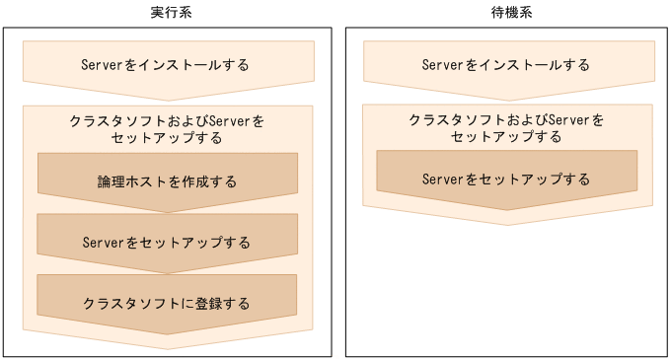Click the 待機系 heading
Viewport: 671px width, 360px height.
pyautogui.click(x=505, y=11)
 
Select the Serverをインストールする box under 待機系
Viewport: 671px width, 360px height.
pyautogui.click(x=506, y=65)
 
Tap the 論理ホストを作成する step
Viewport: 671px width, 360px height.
pyautogui.click(x=167, y=181)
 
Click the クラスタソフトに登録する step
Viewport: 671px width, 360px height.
pyautogui.click(x=167, y=302)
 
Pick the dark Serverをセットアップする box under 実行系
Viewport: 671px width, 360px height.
pyautogui.click(x=167, y=242)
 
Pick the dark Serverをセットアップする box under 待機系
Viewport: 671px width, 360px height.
pyautogui.click(x=506, y=179)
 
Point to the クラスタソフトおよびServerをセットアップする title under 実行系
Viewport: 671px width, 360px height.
pyautogui.click(x=167, y=129)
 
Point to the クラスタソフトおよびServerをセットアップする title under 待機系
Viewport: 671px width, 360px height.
pyautogui.click(x=506, y=128)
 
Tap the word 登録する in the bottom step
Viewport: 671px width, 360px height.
pyautogui.click(x=225, y=302)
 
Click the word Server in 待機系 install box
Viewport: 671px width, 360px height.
pyautogui.click(x=443, y=65)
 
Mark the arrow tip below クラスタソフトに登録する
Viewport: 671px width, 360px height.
pyautogui.click(x=167, y=331)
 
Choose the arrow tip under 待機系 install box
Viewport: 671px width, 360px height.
pyautogui.click(x=506, y=99)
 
